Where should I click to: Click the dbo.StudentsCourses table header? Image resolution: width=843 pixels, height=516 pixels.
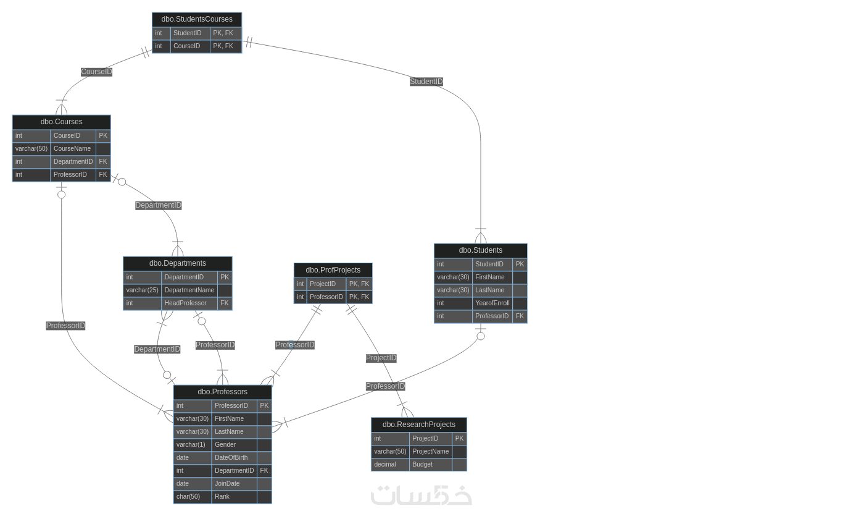tap(197, 19)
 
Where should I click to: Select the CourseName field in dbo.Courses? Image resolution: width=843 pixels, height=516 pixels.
tap(72, 149)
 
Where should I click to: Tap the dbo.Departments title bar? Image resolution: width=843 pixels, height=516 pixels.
tap(178, 263)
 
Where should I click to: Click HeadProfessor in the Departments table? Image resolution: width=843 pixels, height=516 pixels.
tap(186, 303)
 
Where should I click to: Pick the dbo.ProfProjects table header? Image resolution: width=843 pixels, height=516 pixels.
tap(333, 270)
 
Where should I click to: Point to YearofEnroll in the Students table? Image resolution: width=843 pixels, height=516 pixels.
tap(492, 303)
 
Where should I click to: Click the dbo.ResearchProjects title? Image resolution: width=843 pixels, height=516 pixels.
tap(419, 425)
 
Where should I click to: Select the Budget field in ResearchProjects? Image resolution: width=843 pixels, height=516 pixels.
tap(423, 465)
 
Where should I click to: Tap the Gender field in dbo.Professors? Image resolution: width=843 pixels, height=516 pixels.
tap(225, 445)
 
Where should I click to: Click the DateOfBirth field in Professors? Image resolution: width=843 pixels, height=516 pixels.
tap(231, 458)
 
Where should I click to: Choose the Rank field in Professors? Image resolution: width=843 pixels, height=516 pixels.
tap(222, 497)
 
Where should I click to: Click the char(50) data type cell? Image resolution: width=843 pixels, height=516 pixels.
tap(188, 497)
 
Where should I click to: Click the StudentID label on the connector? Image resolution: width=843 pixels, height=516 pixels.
tap(426, 82)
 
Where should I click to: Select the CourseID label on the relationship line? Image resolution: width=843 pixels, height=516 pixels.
tap(97, 72)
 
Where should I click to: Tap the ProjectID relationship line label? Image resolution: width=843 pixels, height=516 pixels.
tap(381, 358)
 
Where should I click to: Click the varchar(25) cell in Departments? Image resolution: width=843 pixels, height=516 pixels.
tap(143, 290)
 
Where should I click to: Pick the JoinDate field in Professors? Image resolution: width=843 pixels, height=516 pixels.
tap(227, 484)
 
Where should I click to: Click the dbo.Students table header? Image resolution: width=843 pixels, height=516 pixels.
tap(481, 250)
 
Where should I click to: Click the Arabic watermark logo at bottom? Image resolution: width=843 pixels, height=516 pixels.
tap(421, 496)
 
